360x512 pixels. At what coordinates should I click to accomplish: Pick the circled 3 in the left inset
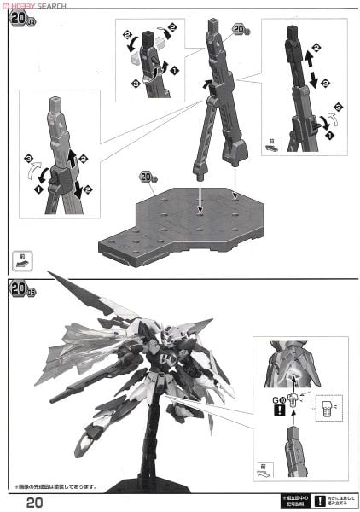[28, 158]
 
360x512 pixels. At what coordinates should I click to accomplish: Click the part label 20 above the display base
[146, 177]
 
